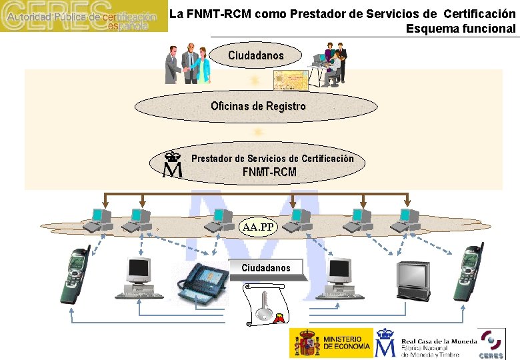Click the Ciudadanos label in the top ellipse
[255, 56]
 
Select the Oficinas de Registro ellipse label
[258, 106]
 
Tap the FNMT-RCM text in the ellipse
[269, 172]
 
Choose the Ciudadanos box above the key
[266, 268]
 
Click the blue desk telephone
[202, 283]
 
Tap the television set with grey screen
[414, 279]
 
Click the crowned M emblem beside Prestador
[173, 165]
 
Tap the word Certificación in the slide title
[478, 13]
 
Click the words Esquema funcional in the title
[461, 28]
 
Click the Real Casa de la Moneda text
[439, 341]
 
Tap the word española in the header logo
[129, 25]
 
